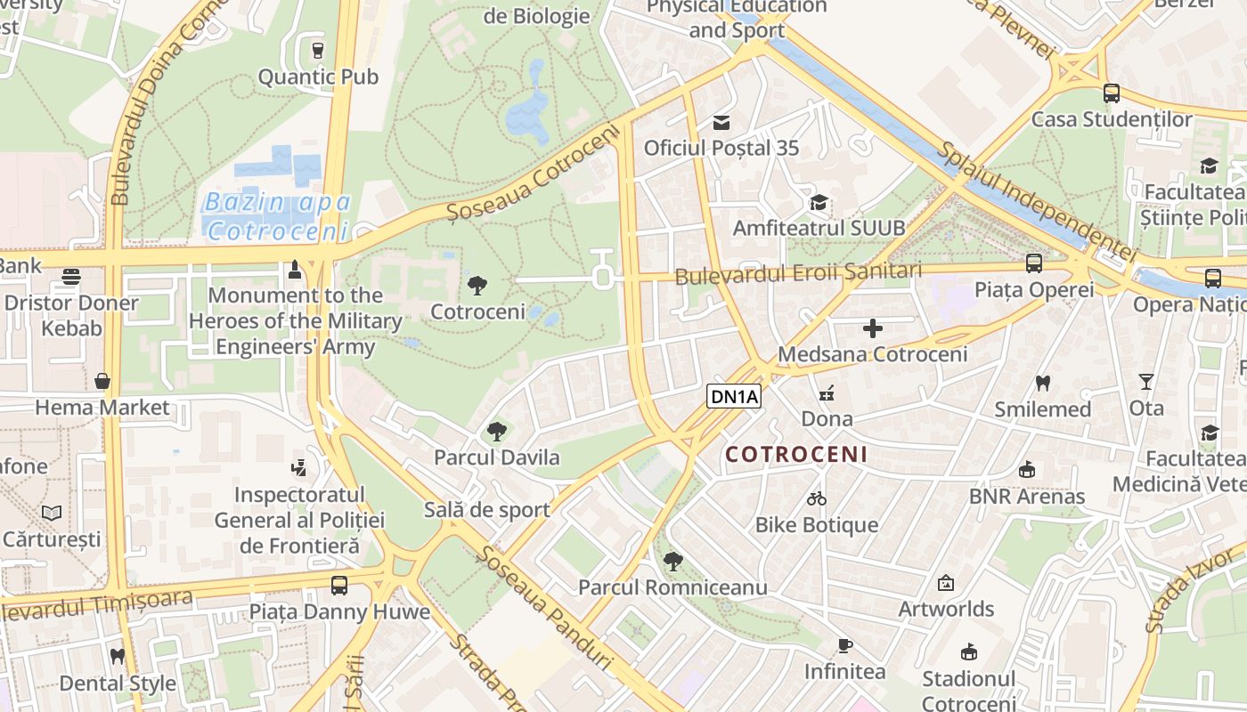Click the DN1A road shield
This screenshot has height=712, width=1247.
tap(735, 396)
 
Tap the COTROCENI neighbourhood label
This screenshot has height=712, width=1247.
tap(795, 455)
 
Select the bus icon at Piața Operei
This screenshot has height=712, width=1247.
tap(1033, 263)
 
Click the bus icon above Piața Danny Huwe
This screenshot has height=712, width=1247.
tap(338, 586)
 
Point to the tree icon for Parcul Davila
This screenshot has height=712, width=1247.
tap(496, 433)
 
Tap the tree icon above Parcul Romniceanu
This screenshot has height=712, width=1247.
tap(673, 562)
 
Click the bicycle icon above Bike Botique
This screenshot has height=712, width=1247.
tap(817, 498)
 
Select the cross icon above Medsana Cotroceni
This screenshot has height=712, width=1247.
tap(873, 328)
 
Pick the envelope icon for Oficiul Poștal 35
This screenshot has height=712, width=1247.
tap(721, 123)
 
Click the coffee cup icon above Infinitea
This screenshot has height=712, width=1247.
tap(844, 645)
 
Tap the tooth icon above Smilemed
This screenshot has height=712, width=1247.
tap(1042, 384)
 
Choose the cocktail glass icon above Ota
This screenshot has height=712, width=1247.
tap(1145, 382)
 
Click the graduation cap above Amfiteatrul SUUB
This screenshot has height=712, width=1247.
tap(819, 203)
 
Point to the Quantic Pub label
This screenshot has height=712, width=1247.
tap(318, 77)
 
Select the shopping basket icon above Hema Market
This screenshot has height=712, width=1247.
tap(102, 382)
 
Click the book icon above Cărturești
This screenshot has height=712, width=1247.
tap(52, 514)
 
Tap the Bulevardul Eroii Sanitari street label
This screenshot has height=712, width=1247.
tap(797, 274)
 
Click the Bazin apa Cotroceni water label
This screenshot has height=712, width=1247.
tap(277, 216)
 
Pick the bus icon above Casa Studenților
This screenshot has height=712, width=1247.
tap(1111, 93)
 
